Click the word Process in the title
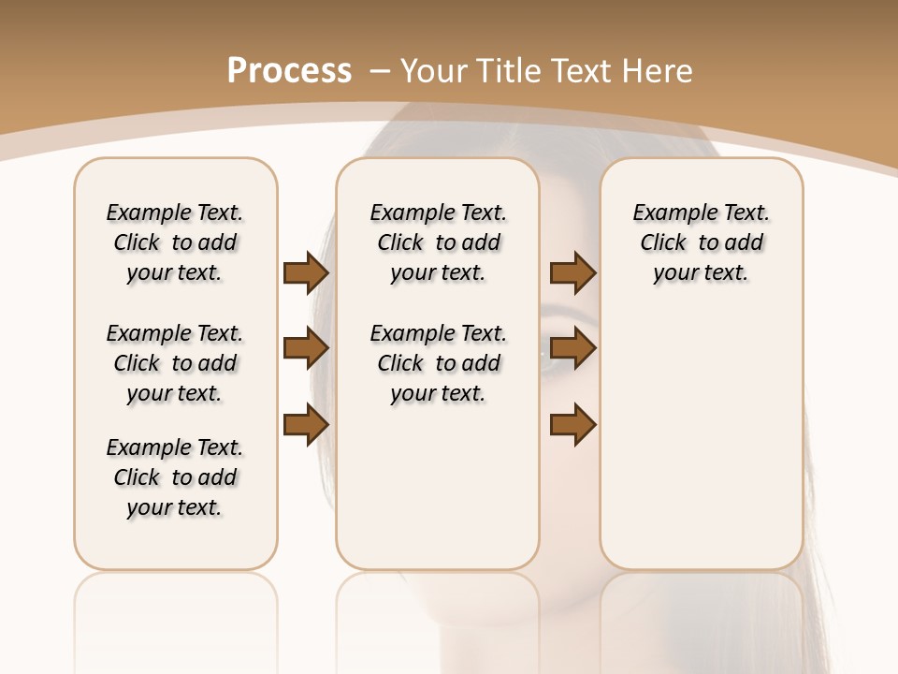[289, 70]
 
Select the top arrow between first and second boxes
[306, 273]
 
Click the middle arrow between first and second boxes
[306, 349]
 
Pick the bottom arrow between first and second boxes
[306, 425]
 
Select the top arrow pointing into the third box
[573, 273]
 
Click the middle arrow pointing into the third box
[573, 349]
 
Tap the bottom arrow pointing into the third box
[573, 425]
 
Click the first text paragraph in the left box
[175, 242]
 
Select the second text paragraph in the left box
[175, 363]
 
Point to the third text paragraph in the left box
[175, 477]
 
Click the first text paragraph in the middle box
[438, 242]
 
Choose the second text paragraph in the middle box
[438, 363]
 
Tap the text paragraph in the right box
[701, 242]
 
